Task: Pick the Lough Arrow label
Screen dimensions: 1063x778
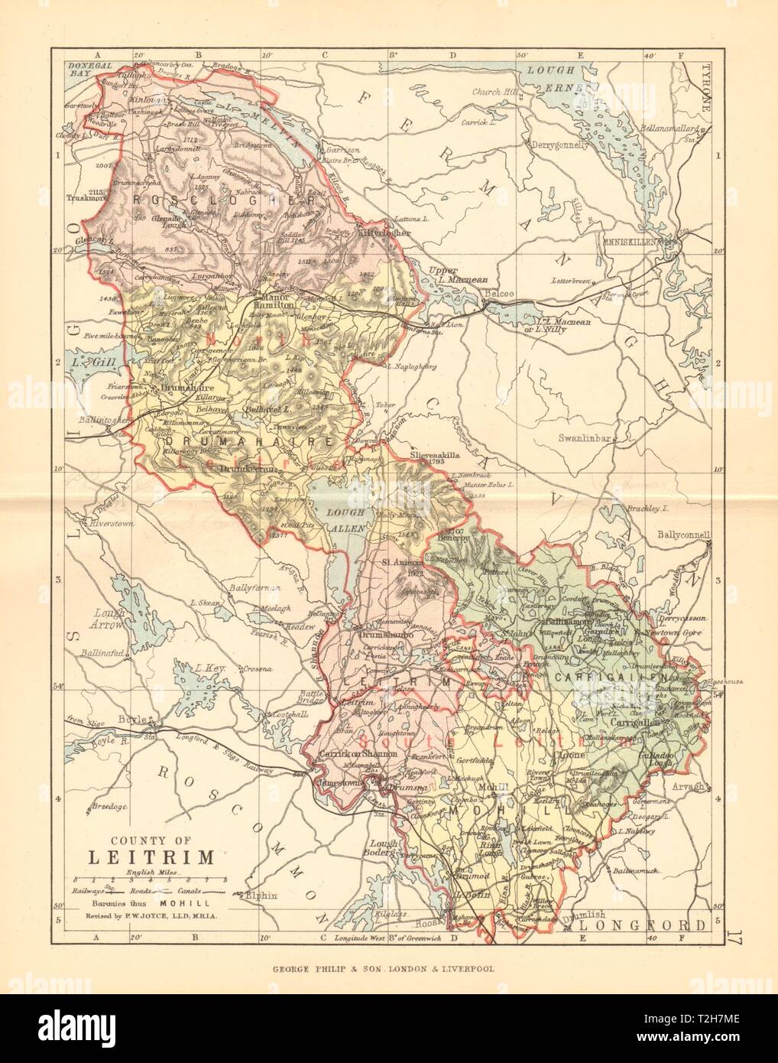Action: [x=108, y=618]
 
